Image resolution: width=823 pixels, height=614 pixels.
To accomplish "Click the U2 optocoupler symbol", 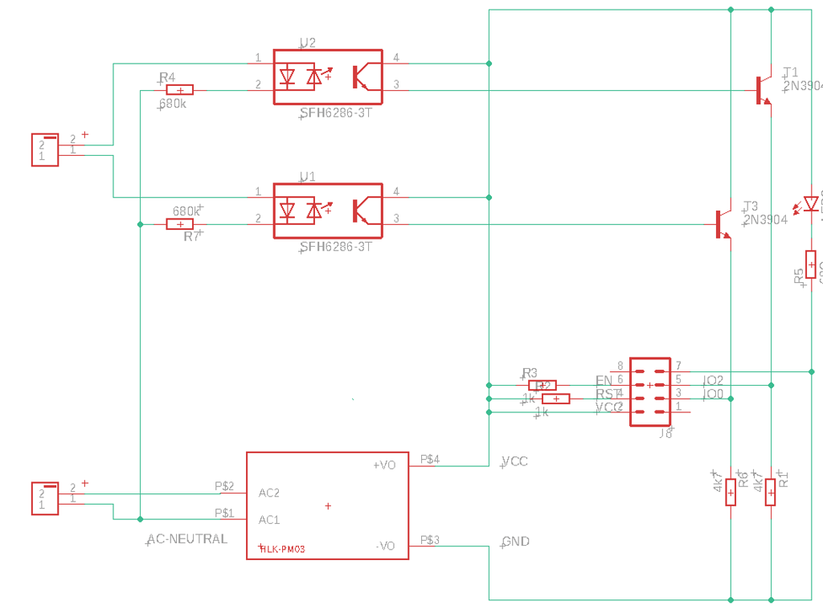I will (x=328, y=77).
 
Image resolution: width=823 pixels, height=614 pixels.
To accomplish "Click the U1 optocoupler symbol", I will (x=328, y=211).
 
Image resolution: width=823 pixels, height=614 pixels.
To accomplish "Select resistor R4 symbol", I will (x=179, y=91).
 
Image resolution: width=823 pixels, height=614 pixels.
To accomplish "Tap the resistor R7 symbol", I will (x=179, y=224).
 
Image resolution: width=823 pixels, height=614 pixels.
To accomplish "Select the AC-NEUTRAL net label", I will (x=187, y=539).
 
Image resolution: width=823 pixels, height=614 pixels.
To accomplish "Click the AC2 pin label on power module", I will (x=269, y=493).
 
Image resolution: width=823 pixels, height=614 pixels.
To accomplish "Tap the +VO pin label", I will (x=384, y=465).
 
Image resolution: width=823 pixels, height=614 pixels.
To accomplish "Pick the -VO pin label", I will (x=385, y=546).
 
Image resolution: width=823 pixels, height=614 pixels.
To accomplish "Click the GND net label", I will (x=515, y=542).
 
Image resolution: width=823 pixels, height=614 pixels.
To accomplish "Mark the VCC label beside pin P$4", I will (x=515, y=461).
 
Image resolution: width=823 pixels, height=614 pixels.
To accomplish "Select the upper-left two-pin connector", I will (x=45, y=149).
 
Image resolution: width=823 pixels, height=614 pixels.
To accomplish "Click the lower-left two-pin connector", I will (x=45, y=498).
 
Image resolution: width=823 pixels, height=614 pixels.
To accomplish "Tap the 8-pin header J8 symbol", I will (x=650, y=391).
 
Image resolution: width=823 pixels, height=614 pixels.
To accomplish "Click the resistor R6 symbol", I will (x=731, y=492).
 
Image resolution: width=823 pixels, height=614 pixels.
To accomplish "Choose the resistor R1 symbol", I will (x=770, y=492).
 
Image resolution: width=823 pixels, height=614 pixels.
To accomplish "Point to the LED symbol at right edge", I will (x=810, y=204).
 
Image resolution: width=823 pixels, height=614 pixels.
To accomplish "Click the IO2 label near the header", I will (x=713, y=380).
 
